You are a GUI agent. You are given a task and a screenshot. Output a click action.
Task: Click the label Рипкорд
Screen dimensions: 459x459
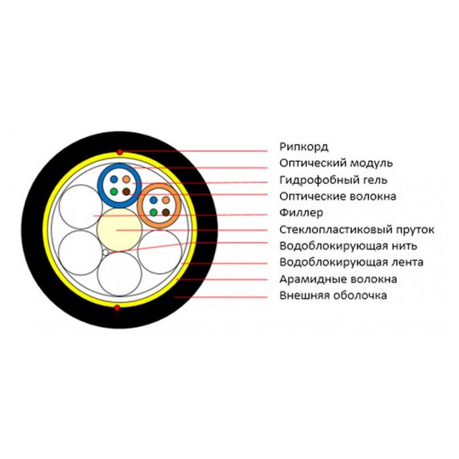pos(304,147)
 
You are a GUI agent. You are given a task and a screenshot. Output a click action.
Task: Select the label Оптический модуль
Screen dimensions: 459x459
pos(336,163)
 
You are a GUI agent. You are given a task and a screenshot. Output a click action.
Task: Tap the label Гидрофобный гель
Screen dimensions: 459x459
pos(333,180)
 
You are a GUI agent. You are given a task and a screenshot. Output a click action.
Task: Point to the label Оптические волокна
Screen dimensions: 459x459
pos(337,196)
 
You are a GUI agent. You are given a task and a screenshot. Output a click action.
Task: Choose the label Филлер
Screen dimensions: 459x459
pos(301,213)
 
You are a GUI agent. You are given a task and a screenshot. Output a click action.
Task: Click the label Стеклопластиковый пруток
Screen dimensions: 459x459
pos(357,229)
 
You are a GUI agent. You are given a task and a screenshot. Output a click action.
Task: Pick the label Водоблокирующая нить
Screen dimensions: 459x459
pos(348,246)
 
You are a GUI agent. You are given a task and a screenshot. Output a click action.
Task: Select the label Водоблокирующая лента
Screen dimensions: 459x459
pos(351,263)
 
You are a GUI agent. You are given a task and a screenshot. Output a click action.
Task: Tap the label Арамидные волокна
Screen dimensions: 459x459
pos(338,279)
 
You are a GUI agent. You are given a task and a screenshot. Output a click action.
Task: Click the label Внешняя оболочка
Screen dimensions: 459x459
pos(333,296)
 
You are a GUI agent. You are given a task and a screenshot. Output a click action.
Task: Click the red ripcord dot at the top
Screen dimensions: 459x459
pos(119,152)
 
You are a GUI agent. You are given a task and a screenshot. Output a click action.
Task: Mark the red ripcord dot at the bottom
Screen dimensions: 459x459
pos(117,308)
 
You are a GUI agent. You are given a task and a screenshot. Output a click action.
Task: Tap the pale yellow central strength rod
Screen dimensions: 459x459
pos(119,229)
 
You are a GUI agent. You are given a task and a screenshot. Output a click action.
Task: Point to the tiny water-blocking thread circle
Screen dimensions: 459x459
pos(105,252)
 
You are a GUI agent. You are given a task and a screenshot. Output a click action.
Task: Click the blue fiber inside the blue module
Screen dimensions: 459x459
pos(114,179)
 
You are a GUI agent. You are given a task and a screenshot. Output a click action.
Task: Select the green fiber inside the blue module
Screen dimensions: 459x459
pos(114,192)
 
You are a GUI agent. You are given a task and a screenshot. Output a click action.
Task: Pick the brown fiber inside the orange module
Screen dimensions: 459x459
pos(166,213)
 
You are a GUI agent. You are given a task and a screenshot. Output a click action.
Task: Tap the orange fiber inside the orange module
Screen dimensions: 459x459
pos(166,201)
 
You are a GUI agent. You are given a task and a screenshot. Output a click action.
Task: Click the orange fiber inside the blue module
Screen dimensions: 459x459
pos(126,179)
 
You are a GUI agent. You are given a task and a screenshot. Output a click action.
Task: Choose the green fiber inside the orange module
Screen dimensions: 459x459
pos(153,213)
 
